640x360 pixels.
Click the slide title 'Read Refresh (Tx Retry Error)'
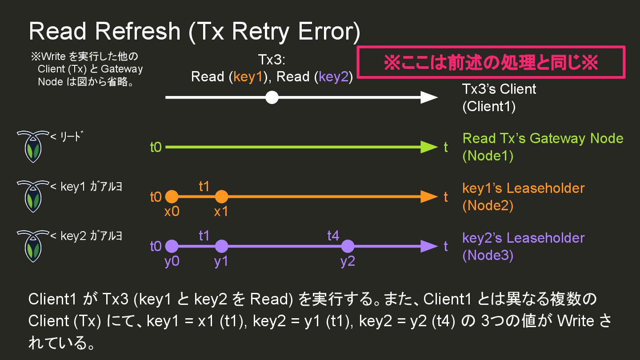click(194, 31)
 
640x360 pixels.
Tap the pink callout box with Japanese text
click(491, 63)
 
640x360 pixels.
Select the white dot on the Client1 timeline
click(272, 97)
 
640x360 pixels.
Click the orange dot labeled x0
click(172, 196)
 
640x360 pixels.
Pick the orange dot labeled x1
click(221, 196)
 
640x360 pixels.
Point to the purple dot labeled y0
click(172, 246)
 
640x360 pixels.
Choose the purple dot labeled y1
click(221, 246)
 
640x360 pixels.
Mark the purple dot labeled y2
click(348, 246)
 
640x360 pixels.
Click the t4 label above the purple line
click(333, 236)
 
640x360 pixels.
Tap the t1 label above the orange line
click(204, 186)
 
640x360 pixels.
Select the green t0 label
click(156, 148)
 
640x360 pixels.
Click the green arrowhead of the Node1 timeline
click(429, 147)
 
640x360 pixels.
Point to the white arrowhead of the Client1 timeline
click(429, 97)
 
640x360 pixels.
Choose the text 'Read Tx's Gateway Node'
click(543, 138)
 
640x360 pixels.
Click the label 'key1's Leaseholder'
click(523, 188)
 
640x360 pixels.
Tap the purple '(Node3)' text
click(488, 256)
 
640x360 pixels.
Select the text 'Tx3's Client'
click(499, 89)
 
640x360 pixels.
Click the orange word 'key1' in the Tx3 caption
click(249, 77)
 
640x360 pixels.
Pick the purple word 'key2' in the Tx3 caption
click(334, 77)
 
